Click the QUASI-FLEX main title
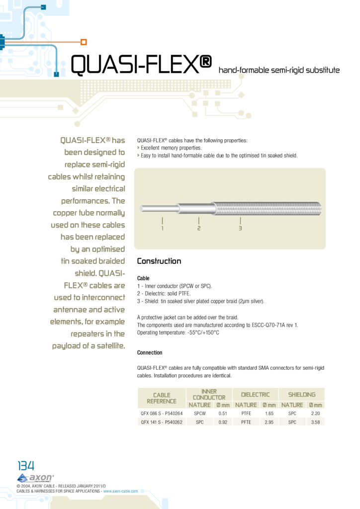142,65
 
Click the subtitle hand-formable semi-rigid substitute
279,70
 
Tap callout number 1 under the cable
163,228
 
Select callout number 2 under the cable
198,228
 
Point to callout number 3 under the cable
240,228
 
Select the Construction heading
159,261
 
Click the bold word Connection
150,352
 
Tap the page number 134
26,466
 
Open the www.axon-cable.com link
120,491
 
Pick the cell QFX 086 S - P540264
162,414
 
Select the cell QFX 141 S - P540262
162,422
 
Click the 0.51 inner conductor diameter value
223,414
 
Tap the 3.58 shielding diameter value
315,422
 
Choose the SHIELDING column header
302,394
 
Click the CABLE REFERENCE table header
162,398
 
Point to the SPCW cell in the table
200,414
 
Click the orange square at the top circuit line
84,42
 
